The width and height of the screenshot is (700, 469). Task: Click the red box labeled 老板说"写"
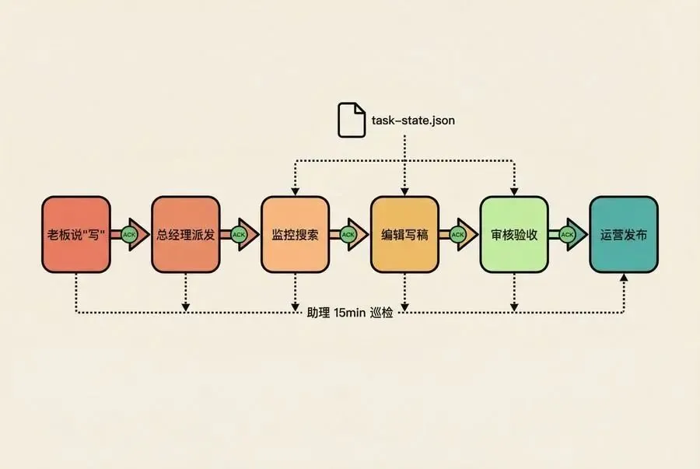click(x=76, y=234)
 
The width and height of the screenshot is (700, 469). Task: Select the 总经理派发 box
click(x=186, y=234)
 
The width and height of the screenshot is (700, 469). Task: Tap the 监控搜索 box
click(x=296, y=234)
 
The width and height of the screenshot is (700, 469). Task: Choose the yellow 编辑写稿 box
click(x=404, y=234)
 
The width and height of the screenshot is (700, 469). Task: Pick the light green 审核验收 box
click(x=514, y=234)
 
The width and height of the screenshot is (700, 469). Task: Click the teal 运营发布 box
click(x=624, y=234)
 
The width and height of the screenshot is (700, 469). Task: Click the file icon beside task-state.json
click(x=351, y=120)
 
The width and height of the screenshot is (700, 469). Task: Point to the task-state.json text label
click(x=414, y=121)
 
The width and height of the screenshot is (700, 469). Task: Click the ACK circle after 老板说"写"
click(x=129, y=234)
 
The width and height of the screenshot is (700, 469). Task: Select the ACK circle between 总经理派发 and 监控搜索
click(x=239, y=234)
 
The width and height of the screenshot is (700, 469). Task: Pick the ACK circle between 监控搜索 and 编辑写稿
click(x=348, y=234)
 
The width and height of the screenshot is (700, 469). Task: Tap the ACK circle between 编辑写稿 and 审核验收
click(x=458, y=234)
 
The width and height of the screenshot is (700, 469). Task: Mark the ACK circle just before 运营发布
click(x=568, y=234)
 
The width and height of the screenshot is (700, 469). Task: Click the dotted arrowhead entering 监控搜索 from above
click(x=296, y=191)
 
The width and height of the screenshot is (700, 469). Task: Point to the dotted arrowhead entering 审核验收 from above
click(x=514, y=191)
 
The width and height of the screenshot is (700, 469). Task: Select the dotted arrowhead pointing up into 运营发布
click(x=624, y=278)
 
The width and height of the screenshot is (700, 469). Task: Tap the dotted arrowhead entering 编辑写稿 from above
click(x=404, y=191)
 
